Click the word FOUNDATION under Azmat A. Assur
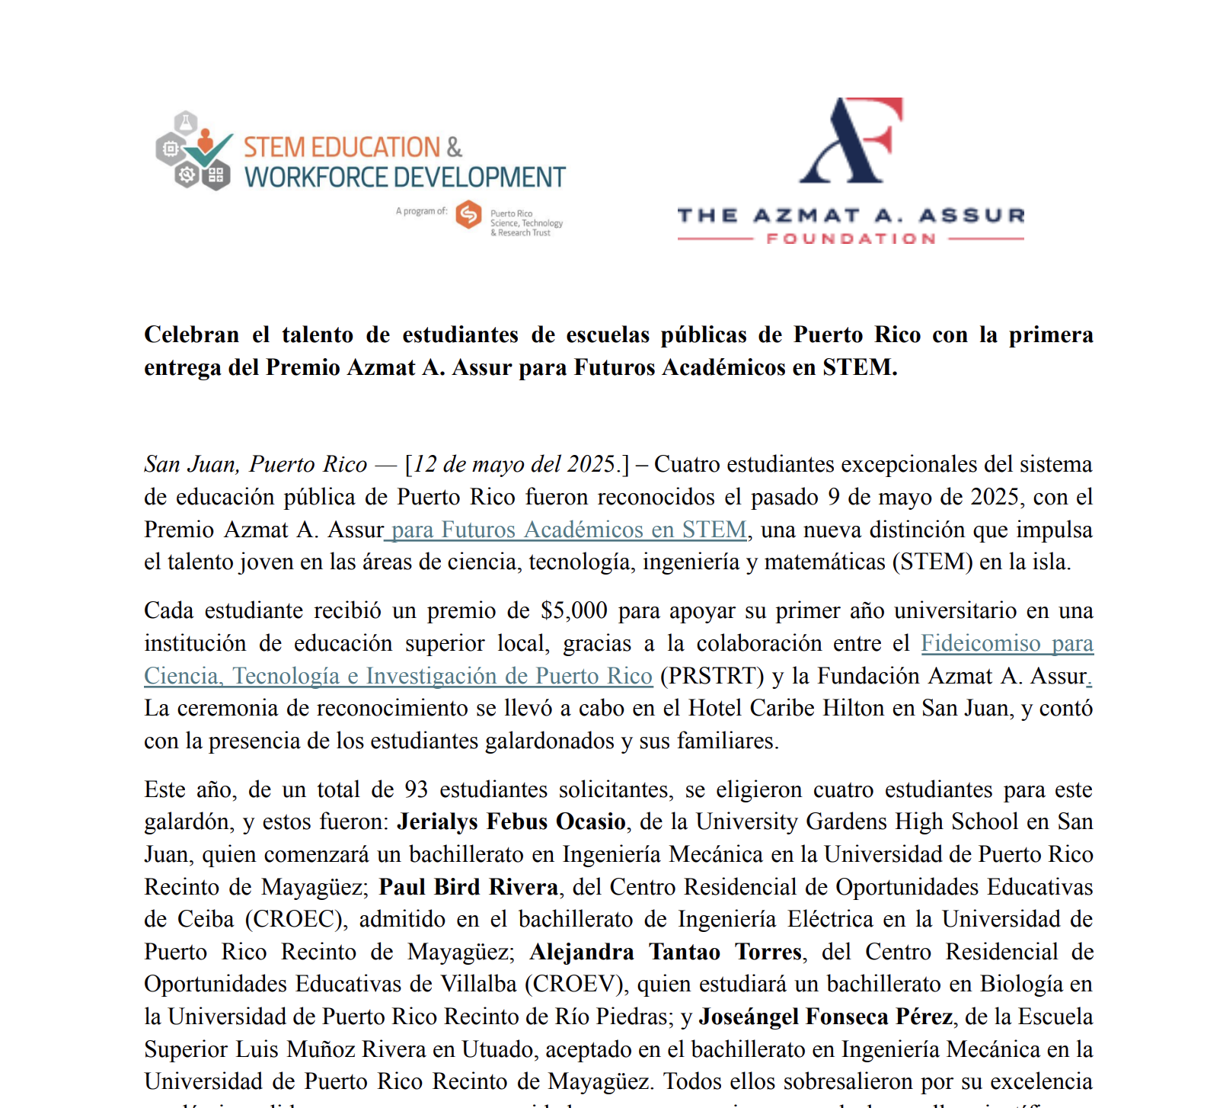851,239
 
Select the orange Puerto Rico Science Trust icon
468,215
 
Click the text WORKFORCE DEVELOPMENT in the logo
404,178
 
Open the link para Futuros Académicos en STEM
568,530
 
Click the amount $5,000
573,610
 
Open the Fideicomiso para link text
1007,643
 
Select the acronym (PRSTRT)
712,676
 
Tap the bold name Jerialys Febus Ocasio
511,821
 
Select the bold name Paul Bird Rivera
468,887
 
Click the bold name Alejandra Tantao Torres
666,952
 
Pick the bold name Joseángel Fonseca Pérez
825,1017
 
